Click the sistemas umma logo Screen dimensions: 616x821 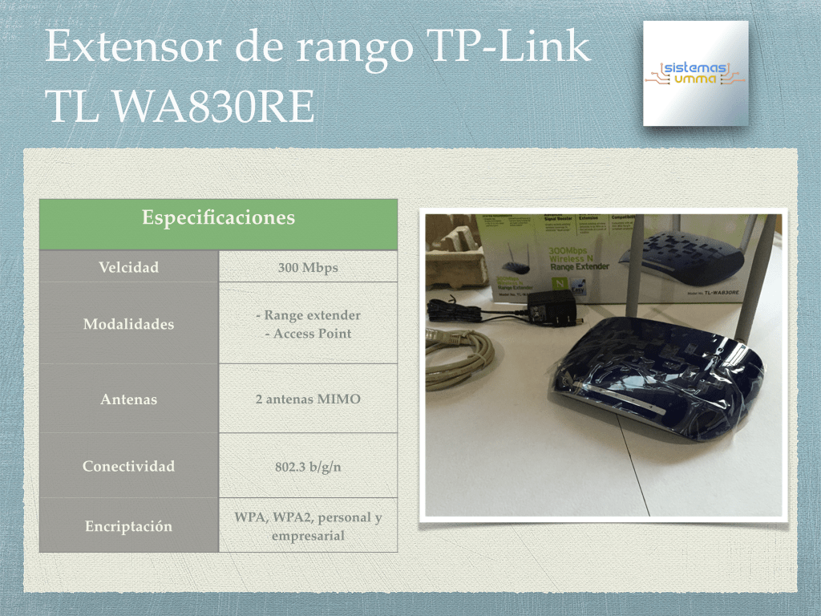click(x=695, y=73)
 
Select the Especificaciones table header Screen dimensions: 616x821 click(x=218, y=218)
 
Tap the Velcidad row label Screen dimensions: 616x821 click(x=129, y=267)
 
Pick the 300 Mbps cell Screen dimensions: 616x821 click(x=308, y=267)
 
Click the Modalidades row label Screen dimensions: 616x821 click(x=129, y=324)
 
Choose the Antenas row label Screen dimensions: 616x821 click(x=129, y=399)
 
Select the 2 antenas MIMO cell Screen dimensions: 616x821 click(x=308, y=399)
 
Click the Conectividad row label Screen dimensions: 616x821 click(x=129, y=466)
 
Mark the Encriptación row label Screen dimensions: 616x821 click(x=129, y=526)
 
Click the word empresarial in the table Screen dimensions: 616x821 click(x=308, y=535)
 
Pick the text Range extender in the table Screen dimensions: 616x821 click(x=308, y=316)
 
